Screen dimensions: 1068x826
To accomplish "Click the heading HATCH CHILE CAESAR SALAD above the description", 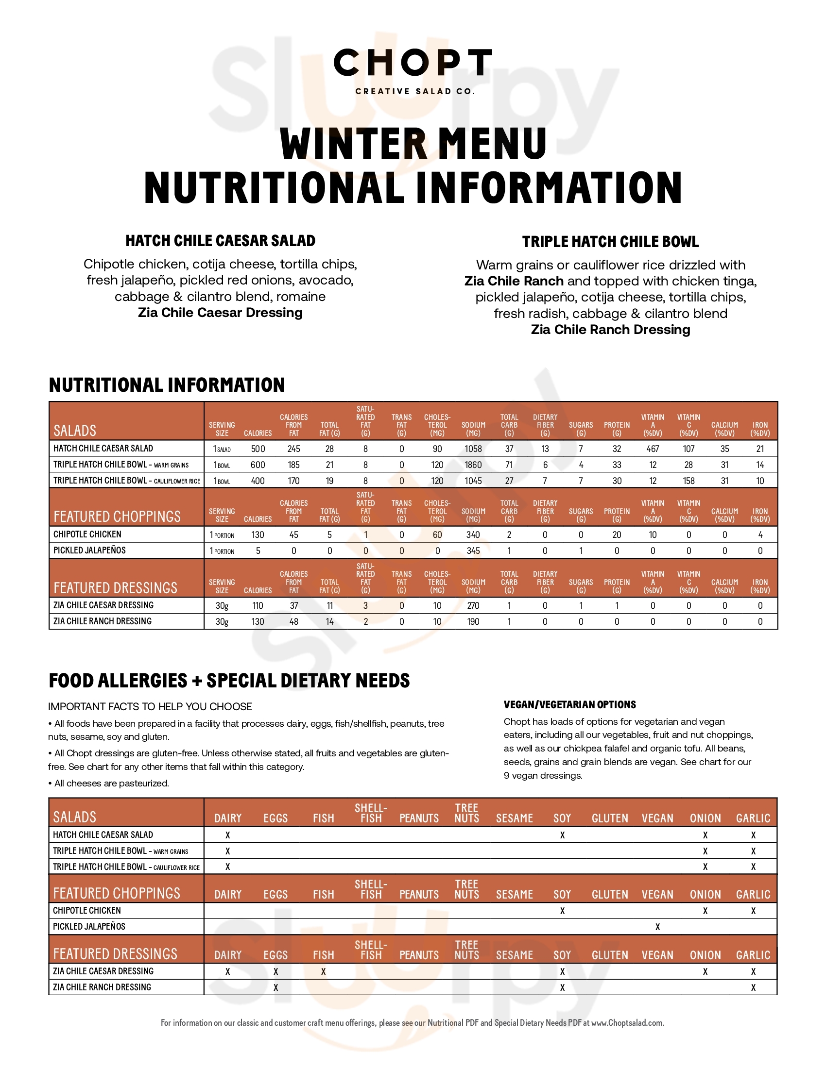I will tap(220, 241).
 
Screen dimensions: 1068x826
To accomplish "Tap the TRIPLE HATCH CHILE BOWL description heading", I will tap(610, 242).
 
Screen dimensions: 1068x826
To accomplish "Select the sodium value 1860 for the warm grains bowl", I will tap(473, 465).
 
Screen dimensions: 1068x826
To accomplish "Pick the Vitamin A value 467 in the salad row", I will tap(653, 449).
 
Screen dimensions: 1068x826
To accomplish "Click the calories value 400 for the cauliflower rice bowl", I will tap(258, 481).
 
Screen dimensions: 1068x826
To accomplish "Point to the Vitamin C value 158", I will tap(688, 481).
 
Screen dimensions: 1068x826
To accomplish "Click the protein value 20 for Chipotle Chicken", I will tap(617, 534).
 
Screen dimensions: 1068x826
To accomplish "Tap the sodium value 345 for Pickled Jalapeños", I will tap(473, 551).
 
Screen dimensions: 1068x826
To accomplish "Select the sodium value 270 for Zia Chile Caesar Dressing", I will tap(473, 605).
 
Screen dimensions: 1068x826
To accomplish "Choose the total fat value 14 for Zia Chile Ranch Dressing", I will tap(329, 621).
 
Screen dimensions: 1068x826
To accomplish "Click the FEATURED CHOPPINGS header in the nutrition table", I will tap(117, 517).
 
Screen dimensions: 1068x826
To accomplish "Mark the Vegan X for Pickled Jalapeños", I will tap(658, 927).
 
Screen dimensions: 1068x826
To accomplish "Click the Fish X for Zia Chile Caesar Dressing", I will tap(324, 972).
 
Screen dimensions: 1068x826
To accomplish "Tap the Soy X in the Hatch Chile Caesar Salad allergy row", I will tap(562, 835).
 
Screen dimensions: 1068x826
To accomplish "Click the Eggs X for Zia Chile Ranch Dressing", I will tap(275, 987).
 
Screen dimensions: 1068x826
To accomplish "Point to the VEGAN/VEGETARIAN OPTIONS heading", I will tap(569, 705).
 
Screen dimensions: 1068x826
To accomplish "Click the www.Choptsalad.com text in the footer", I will tap(627, 1022).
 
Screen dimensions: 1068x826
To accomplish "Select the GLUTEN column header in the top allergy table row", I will tap(610, 818).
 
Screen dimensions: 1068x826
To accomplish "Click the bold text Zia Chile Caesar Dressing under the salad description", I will tap(220, 313).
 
